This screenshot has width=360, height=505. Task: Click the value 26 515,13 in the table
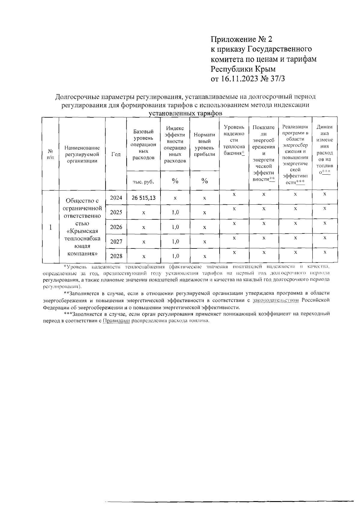[x=143, y=198]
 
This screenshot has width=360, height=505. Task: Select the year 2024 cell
[x=116, y=198]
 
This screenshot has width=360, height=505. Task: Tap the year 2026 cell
[x=116, y=227]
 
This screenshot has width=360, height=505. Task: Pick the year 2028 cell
[x=116, y=256]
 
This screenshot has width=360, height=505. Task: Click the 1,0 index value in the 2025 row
[x=175, y=212]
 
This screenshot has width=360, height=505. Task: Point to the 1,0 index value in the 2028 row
[x=175, y=256]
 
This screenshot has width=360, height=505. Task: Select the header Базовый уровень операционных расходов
[x=143, y=145]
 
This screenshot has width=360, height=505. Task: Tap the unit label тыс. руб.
[x=143, y=182]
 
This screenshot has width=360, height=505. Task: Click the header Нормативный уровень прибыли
[x=204, y=145]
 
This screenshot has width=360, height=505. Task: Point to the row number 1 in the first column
[x=51, y=227]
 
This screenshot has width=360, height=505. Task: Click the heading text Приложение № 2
[x=242, y=39]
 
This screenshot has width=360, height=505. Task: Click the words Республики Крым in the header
[x=243, y=69]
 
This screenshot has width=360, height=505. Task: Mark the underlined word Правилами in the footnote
[x=117, y=320]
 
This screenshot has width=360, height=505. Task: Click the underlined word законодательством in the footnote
[x=276, y=300]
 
